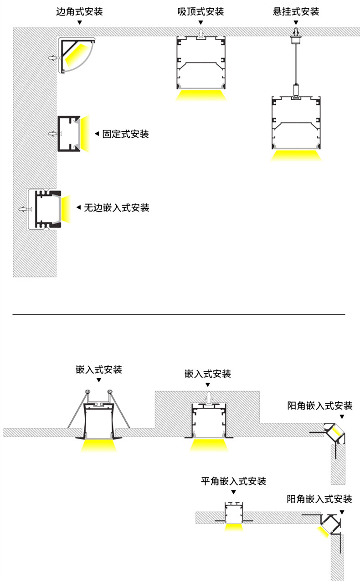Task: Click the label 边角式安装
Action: [79, 11]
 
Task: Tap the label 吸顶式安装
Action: [201, 11]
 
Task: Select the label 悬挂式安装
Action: [296, 11]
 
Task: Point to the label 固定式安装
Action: [126, 134]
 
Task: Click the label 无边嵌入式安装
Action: [117, 208]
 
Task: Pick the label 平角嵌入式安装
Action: [233, 481]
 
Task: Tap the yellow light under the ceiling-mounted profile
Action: [201, 95]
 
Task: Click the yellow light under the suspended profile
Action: [296, 155]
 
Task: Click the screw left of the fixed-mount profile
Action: [53, 134]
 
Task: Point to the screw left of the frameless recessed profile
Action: [24, 209]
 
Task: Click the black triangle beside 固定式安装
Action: [97, 134]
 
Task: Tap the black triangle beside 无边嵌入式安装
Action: [78, 208]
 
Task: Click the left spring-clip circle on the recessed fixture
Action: [87, 392]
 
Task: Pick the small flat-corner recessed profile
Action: [234, 514]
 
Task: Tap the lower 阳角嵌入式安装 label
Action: [319, 499]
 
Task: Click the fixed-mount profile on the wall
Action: [68, 134]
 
